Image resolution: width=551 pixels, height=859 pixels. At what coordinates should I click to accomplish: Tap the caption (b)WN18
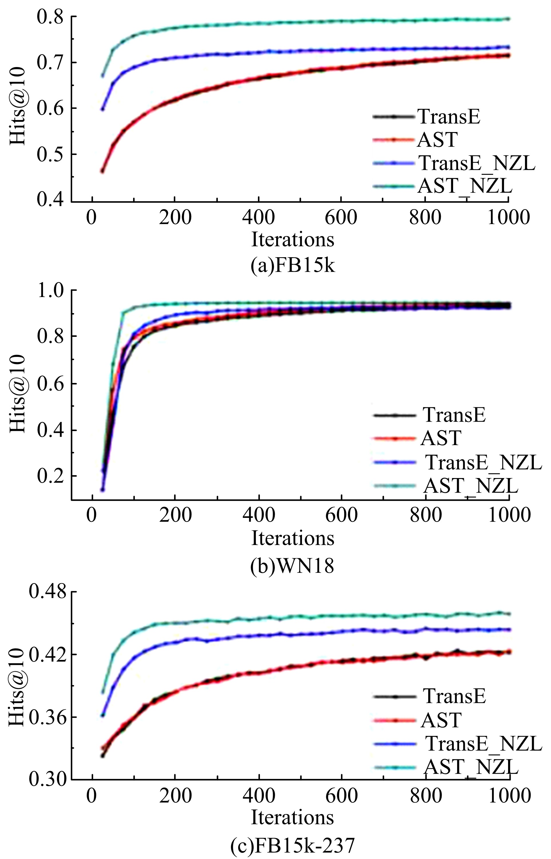point(293,566)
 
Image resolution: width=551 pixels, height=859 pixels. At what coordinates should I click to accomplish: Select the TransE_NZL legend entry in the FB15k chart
point(476,163)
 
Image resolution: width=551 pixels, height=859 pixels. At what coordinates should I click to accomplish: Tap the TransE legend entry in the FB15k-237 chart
point(455,696)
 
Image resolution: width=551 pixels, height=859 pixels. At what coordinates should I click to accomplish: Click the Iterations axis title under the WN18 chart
point(293,538)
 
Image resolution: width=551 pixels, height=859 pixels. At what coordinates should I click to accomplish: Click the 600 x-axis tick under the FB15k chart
point(341,217)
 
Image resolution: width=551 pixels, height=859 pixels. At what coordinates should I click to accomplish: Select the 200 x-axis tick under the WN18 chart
point(175,515)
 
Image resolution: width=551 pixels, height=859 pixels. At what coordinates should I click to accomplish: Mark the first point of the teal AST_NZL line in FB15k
point(102,76)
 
